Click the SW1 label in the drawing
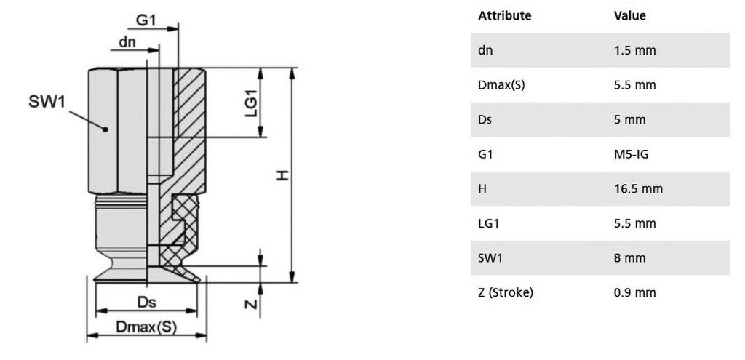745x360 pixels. pos(47,101)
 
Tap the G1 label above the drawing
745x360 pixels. pos(146,20)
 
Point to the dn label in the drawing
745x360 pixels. pos(127,42)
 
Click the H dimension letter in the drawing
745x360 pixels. pos(283,176)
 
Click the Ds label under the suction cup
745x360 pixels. pos(147,302)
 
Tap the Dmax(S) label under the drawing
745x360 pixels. pos(146,327)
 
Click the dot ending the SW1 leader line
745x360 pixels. pos(105,129)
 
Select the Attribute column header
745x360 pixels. pos(505,16)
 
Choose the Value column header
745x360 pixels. pos(629,16)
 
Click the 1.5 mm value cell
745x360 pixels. pos(634,50)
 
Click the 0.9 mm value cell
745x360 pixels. pos(634,292)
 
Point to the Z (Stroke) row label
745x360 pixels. pos(506,292)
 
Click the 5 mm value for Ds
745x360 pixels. pos(629,120)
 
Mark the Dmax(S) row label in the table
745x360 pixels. pos(502,85)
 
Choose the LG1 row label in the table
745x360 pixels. pos(488,224)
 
